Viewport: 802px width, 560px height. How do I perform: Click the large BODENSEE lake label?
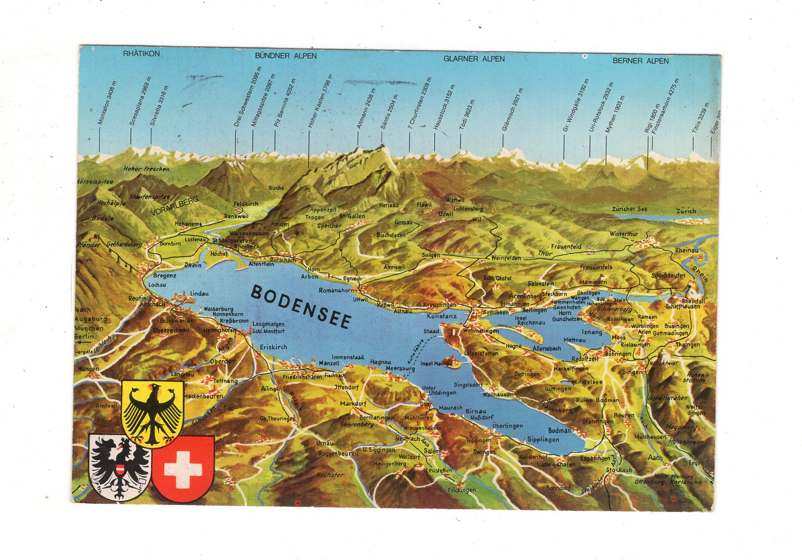(x=300, y=307)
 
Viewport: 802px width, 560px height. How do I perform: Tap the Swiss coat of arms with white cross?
(x=183, y=468)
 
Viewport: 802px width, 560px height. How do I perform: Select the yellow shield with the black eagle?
(x=152, y=413)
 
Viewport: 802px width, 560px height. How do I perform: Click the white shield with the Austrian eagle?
(x=119, y=467)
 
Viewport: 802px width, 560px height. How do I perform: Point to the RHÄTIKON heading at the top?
(x=142, y=54)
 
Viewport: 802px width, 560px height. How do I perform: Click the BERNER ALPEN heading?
(x=640, y=60)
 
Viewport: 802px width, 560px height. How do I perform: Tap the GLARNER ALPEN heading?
(x=474, y=58)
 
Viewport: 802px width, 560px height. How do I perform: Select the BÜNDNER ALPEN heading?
(x=286, y=56)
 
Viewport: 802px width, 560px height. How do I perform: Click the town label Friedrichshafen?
(x=303, y=377)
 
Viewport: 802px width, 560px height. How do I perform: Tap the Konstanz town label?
(x=442, y=316)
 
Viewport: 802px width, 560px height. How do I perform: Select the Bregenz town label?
(x=164, y=275)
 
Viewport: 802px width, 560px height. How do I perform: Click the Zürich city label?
(x=685, y=211)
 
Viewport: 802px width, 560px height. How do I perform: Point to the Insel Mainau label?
(x=436, y=364)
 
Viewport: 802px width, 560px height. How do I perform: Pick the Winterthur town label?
(x=623, y=234)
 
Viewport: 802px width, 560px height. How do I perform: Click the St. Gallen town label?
(x=352, y=216)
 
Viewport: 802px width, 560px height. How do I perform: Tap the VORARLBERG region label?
(x=174, y=206)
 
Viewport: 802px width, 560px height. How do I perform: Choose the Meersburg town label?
(x=400, y=368)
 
